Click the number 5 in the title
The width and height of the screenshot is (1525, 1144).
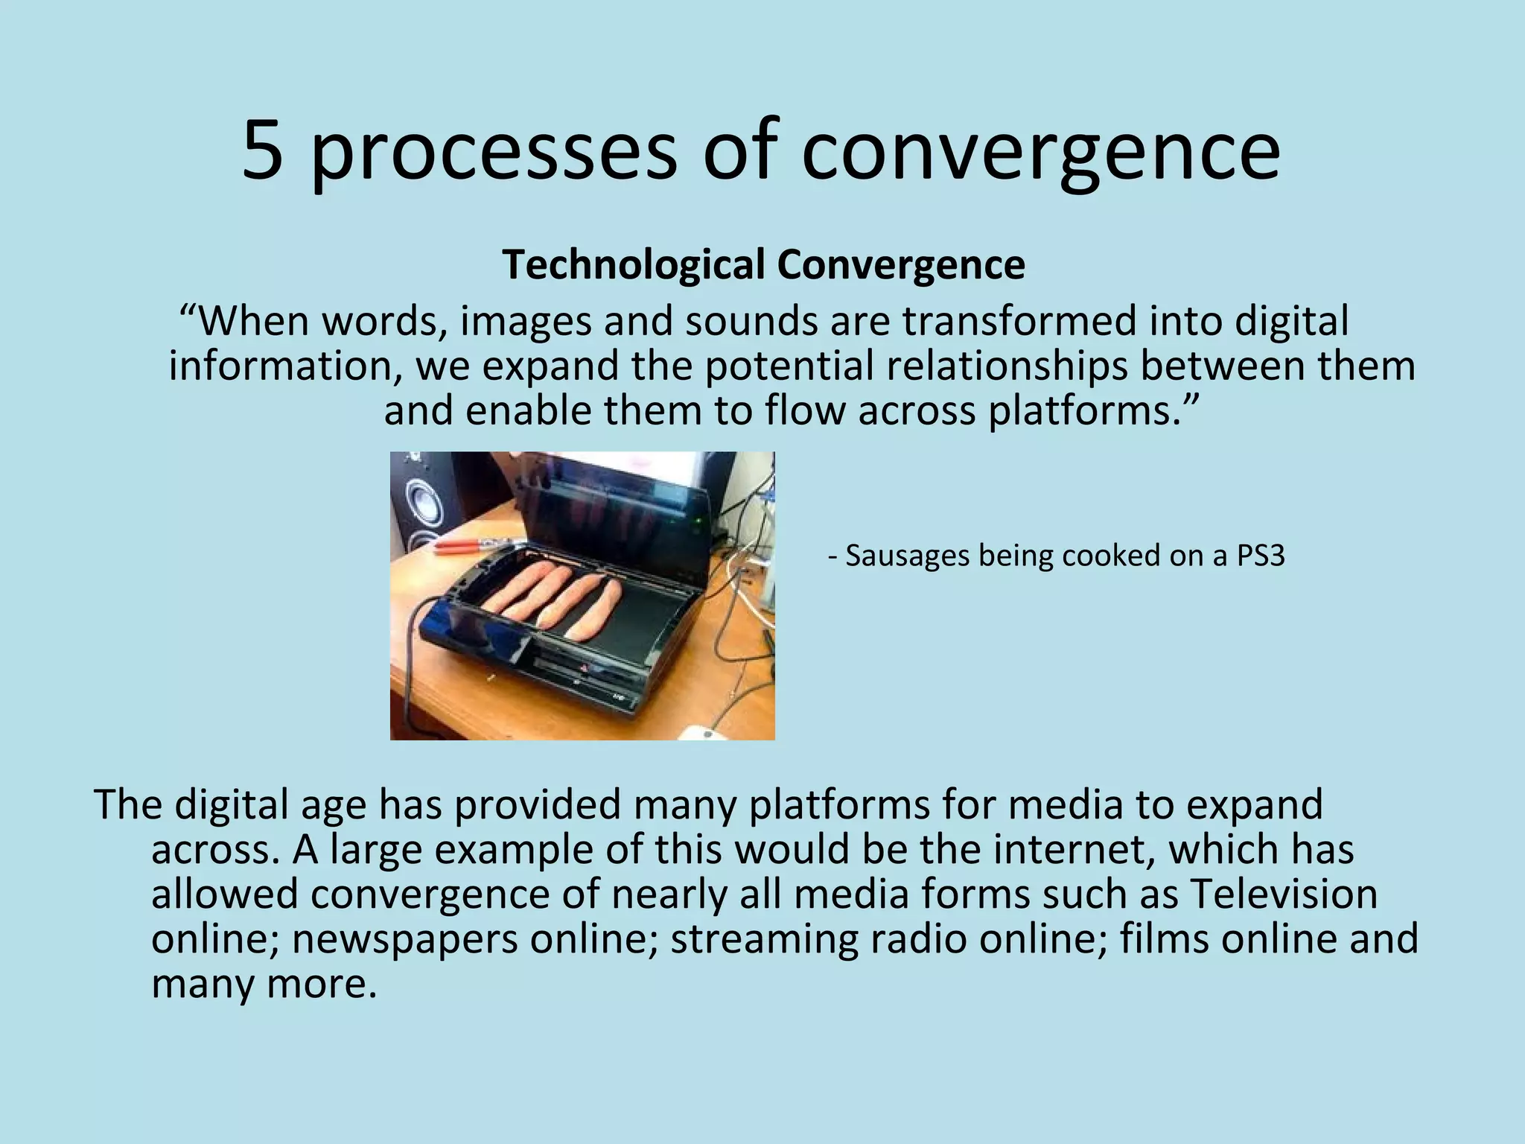point(263,151)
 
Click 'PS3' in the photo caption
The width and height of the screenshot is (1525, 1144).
point(1260,556)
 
